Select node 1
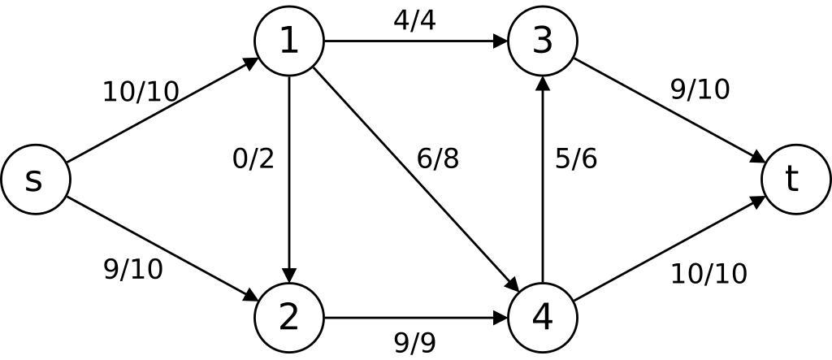[x=289, y=41]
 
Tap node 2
[x=289, y=317]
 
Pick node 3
[x=542, y=41]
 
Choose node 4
[x=542, y=317]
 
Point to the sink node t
[x=795, y=180]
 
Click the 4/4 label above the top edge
[x=414, y=20]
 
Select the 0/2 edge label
[x=253, y=158]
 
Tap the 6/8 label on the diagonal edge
[x=438, y=158]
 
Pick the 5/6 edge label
[x=576, y=158]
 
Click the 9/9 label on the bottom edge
[x=414, y=343]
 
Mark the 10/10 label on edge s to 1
[x=141, y=92]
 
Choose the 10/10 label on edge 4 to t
[x=708, y=274]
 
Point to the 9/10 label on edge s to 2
[x=133, y=269]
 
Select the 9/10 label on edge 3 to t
[x=700, y=89]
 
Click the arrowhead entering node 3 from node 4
[x=542, y=84]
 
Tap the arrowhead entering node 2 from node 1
[x=289, y=274]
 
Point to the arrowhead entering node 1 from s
[x=251, y=62]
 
